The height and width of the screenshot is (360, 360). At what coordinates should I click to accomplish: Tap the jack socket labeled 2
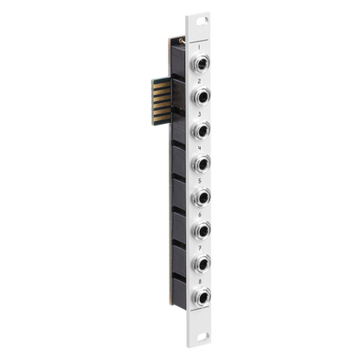click(x=201, y=96)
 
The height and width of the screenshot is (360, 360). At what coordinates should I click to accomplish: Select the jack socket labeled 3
click(x=201, y=130)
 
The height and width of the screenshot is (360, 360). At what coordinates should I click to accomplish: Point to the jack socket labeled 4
click(x=201, y=163)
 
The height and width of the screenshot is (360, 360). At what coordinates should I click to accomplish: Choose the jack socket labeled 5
click(x=201, y=196)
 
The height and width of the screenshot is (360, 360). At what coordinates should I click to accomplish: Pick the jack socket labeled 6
click(x=201, y=230)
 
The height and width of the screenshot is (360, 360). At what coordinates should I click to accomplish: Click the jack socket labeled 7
click(x=202, y=263)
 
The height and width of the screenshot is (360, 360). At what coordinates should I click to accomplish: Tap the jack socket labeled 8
click(x=202, y=296)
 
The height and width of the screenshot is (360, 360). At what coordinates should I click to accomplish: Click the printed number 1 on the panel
click(x=199, y=48)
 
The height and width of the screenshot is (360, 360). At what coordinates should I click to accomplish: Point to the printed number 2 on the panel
click(x=199, y=81)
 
